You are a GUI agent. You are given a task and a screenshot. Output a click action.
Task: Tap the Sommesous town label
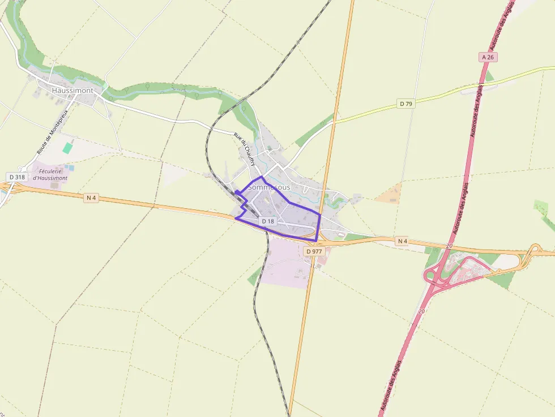click(x=269, y=187)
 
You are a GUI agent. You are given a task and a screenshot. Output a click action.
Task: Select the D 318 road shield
click(x=17, y=177)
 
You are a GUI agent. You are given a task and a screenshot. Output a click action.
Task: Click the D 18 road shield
click(x=268, y=221)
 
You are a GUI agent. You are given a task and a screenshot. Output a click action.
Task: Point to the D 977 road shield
click(x=313, y=251)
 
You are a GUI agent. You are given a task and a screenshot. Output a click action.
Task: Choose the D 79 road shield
click(x=405, y=104)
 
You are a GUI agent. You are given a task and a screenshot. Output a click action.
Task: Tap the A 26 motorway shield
click(x=488, y=57)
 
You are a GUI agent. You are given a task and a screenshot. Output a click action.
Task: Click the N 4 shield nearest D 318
click(x=91, y=197)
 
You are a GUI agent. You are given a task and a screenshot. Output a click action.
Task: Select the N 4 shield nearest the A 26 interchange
click(x=402, y=241)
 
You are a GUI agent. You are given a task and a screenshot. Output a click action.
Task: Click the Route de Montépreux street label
click(x=52, y=132)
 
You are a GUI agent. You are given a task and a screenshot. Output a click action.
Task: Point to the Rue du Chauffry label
click(x=245, y=149)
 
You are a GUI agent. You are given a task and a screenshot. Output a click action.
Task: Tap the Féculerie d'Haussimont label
click(x=50, y=174)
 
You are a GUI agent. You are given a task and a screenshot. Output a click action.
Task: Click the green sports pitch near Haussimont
click(x=68, y=148)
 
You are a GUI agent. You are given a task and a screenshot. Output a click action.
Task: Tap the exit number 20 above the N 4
click(x=449, y=246)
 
